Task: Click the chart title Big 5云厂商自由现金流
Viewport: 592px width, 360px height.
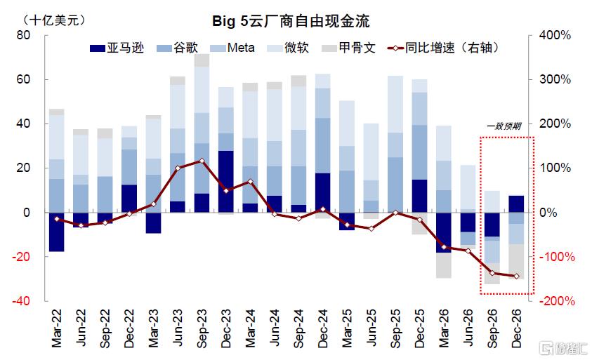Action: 291,21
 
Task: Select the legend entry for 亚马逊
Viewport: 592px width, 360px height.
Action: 117,48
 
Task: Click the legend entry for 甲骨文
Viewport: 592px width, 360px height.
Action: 348,48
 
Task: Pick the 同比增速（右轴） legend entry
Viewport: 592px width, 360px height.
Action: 444,48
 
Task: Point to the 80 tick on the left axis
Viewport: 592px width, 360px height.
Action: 23,35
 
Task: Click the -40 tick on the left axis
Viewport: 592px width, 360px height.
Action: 21,301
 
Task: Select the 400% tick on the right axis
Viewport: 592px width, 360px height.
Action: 555,35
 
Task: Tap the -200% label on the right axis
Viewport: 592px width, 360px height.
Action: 557,301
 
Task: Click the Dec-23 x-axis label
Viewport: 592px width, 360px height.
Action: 226,328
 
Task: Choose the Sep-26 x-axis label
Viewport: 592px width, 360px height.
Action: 492,328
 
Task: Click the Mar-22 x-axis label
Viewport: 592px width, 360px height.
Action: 56,328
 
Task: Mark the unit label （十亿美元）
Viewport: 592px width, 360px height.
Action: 54,20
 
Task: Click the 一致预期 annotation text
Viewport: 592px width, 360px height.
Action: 504,126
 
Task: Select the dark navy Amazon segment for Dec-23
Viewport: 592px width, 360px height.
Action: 226,182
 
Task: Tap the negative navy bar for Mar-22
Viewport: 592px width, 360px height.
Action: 56,232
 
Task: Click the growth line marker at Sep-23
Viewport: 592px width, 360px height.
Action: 202,161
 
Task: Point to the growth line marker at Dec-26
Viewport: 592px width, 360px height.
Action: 516,276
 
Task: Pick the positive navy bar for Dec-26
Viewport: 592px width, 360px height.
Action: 516,204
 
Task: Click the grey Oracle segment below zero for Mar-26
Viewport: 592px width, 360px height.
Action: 444,265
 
